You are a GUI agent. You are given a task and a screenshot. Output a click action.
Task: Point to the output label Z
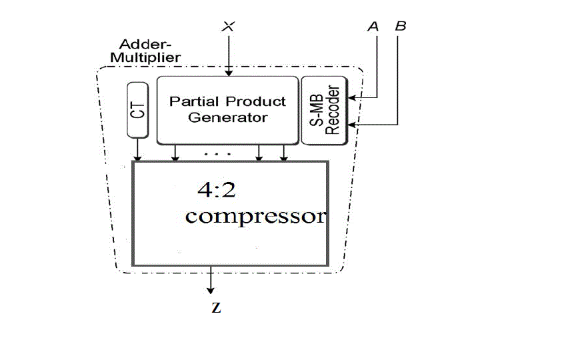(x=215, y=309)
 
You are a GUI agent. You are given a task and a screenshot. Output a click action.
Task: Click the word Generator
(x=227, y=118)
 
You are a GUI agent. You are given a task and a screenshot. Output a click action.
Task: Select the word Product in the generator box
(x=256, y=102)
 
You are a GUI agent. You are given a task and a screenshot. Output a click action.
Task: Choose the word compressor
(x=255, y=217)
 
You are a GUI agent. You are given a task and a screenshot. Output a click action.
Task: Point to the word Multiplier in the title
(x=145, y=57)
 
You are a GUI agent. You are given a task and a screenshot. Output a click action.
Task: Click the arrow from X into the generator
(x=229, y=57)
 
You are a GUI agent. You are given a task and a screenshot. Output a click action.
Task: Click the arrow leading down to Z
(x=211, y=280)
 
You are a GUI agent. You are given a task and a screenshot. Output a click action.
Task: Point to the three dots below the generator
(x=217, y=154)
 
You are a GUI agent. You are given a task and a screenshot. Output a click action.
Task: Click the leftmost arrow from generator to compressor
(x=175, y=153)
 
